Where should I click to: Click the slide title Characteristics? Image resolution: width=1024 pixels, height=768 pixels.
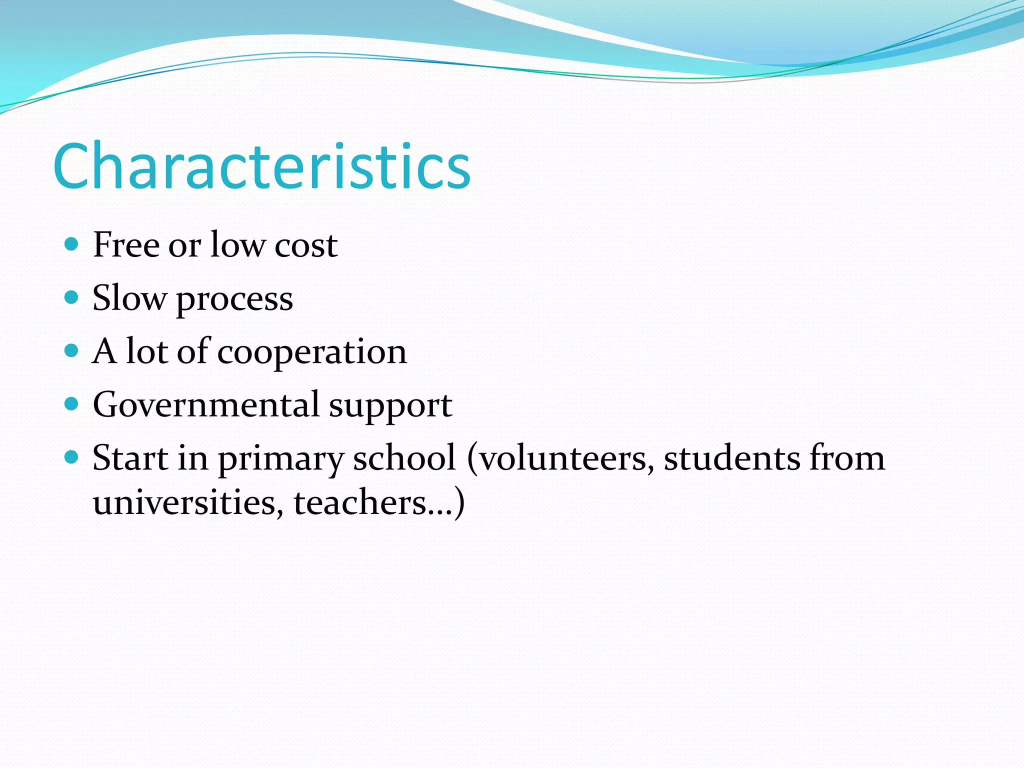(x=261, y=166)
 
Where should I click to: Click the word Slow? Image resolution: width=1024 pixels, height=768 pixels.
(x=129, y=298)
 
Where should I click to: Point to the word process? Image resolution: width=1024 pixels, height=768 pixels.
(x=234, y=300)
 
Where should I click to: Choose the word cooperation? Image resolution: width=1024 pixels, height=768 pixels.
(x=312, y=352)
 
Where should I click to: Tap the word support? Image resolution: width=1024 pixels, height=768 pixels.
(x=390, y=406)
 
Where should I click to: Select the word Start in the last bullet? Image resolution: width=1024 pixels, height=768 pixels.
(x=130, y=457)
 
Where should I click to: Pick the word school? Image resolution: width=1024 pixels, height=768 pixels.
(x=404, y=457)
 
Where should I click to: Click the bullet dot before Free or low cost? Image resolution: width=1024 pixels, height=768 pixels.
(x=72, y=244)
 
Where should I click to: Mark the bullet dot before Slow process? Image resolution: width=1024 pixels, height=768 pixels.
(x=72, y=297)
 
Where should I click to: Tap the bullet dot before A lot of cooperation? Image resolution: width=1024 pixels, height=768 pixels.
(x=72, y=350)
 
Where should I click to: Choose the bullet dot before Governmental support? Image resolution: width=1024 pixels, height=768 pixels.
(x=72, y=403)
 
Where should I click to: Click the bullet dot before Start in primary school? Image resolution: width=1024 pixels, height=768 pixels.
(x=72, y=456)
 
